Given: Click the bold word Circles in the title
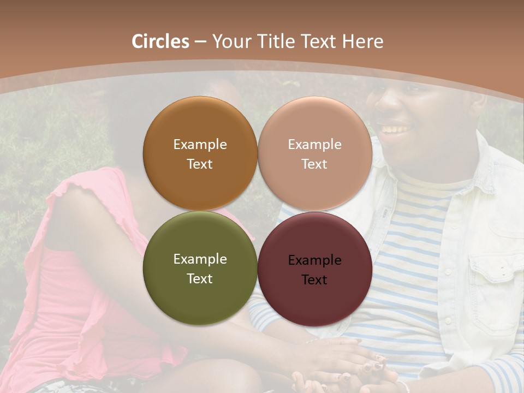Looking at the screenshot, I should pos(160,41).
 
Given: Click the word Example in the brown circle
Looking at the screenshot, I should pos(200,145).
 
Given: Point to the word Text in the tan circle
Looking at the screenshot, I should pos(314,164).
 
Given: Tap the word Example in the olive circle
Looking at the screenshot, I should pos(200,259).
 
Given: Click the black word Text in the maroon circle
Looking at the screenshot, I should pos(314,280).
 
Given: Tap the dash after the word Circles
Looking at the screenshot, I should pos(200,42).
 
